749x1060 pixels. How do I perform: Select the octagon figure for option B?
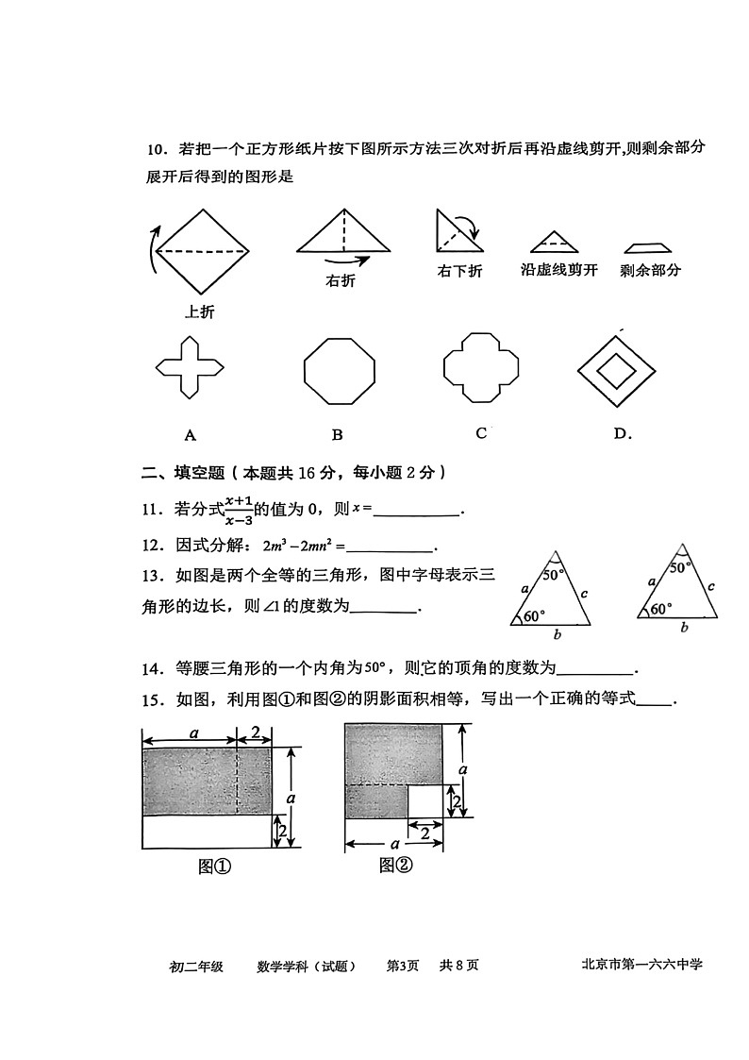[x=339, y=369]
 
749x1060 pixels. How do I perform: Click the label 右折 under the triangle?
[x=341, y=280]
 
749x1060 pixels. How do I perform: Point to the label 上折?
[x=199, y=312]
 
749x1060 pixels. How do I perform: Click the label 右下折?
[x=459, y=271]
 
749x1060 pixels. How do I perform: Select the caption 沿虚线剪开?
[x=559, y=270]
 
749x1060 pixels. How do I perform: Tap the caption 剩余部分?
[x=651, y=270]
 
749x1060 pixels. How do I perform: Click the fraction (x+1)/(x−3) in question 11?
[x=239, y=510]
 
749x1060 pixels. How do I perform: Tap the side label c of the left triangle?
[x=585, y=594]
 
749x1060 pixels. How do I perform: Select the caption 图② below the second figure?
[x=396, y=864]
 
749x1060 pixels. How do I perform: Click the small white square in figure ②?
[x=425, y=801]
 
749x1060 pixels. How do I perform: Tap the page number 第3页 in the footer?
[x=403, y=965]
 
